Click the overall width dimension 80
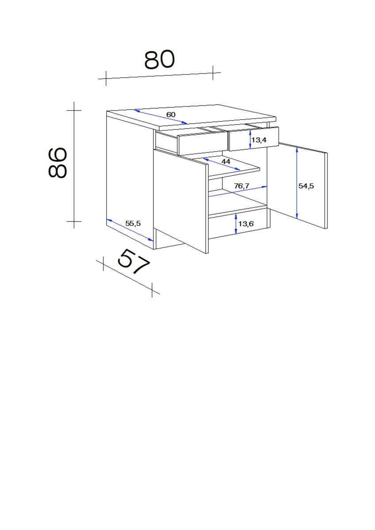tap(160, 60)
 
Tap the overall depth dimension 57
tap(134, 262)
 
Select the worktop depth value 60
tap(171, 115)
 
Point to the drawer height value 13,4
tap(259, 140)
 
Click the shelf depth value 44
tap(226, 162)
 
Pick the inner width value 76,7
tap(242, 186)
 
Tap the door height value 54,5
tap(306, 186)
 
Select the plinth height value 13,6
tap(246, 223)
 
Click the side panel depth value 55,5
tap(133, 223)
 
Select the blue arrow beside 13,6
tap(236, 224)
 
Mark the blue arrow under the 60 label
tap(161, 117)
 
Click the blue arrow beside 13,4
tap(250, 138)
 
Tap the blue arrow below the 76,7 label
tap(239, 191)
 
